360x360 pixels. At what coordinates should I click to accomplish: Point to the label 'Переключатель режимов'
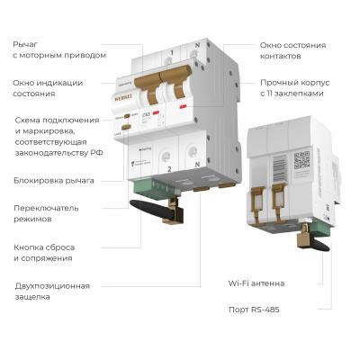pos(46,214)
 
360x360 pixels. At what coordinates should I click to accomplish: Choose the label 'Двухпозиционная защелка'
pos(51,292)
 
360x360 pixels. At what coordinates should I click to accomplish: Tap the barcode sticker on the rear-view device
pos(274,167)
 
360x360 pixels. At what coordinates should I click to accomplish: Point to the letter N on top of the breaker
pos(197,54)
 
